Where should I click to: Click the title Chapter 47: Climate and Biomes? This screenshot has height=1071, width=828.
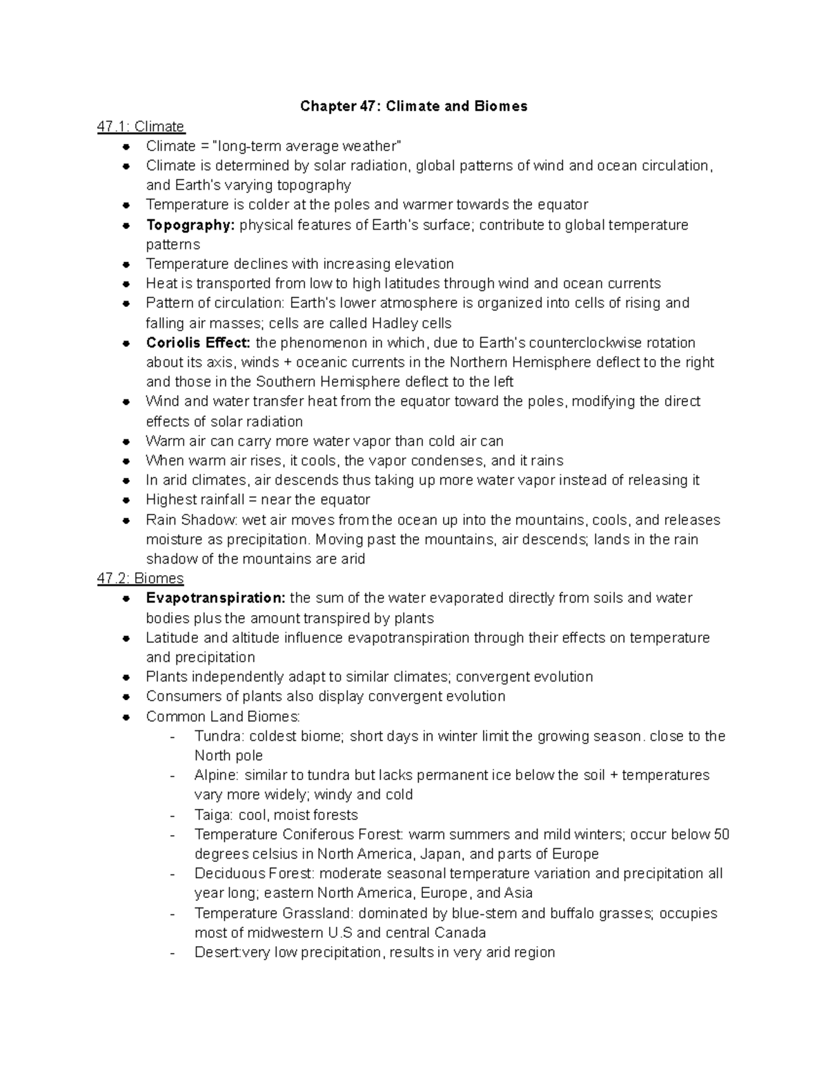413,106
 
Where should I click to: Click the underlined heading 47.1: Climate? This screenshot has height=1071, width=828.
141,126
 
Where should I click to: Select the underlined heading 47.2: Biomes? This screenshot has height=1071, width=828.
141,578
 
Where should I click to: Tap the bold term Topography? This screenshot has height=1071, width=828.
190,225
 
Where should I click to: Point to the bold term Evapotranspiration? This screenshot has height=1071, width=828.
215,598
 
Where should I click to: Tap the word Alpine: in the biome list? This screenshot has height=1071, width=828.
217,775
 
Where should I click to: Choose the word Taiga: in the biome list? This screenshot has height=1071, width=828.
214,814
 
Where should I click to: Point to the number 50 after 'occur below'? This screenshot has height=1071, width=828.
721,834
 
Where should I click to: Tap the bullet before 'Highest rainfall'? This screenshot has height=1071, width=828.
126,500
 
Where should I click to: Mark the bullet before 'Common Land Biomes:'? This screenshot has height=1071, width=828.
126,717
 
